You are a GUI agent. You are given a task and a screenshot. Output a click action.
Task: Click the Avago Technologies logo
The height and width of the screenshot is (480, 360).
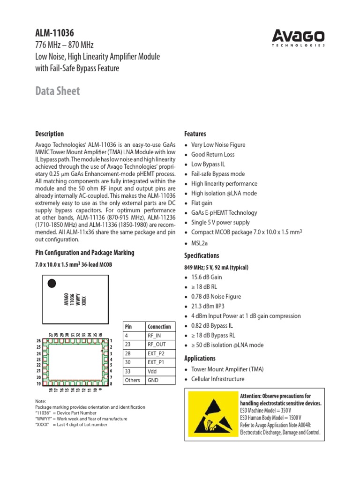[x=300, y=37]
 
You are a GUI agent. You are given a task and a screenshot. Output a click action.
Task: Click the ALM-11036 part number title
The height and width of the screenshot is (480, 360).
[x=55, y=33]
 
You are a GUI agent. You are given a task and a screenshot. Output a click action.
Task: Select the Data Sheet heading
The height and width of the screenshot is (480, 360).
[x=58, y=91]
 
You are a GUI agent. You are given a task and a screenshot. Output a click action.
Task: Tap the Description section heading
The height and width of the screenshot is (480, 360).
[x=50, y=134]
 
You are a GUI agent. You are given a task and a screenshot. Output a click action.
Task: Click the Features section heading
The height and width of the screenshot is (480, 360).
[x=195, y=134]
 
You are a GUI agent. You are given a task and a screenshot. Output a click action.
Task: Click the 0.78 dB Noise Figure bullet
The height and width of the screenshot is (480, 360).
[x=216, y=296]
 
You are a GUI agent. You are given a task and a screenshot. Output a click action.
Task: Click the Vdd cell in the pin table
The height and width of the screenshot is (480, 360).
[x=153, y=371]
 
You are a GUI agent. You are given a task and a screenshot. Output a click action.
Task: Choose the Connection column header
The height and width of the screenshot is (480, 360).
[x=159, y=327]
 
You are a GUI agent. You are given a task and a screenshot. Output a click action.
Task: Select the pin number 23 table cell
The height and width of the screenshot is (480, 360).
[x=128, y=345]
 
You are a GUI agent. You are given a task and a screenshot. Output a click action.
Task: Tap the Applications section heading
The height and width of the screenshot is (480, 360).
[x=201, y=358]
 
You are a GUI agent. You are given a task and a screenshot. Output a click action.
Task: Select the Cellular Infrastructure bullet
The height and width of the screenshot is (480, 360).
[x=217, y=379]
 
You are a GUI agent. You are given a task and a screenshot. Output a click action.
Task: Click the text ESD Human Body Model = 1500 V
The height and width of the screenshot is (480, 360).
[x=270, y=418]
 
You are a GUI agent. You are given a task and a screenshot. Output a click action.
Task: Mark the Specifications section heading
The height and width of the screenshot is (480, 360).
[x=202, y=255]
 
